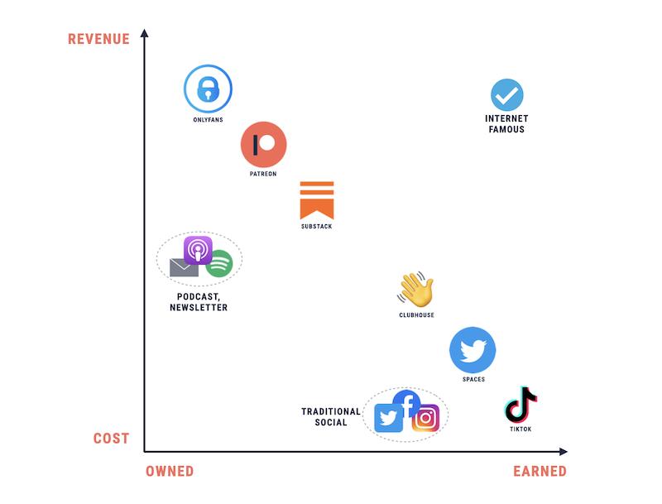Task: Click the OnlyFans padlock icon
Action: coord(208,89)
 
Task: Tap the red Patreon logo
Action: coord(263,144)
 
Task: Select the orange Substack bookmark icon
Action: coord(317,200)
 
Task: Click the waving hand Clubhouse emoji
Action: coord(415,289)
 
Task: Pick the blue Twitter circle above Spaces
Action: coord(473,350)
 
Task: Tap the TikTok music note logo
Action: coord(520,405)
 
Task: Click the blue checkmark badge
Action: coord(507,95)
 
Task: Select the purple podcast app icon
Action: coord(198,250)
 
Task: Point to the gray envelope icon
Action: coord(184,267)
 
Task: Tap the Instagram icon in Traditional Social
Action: coord(425,418)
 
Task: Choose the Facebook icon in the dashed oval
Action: coord(406,403)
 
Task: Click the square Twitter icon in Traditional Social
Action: coord(388,418)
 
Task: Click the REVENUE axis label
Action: coord(98,39)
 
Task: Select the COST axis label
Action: coord(111,439)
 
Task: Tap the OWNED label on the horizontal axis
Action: coord(170,471)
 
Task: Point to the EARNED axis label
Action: coord(540,471)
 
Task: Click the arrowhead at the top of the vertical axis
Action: coord(144,32)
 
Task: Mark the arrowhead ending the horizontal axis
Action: coord(564,452)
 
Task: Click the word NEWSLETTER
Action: coord(199,307)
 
